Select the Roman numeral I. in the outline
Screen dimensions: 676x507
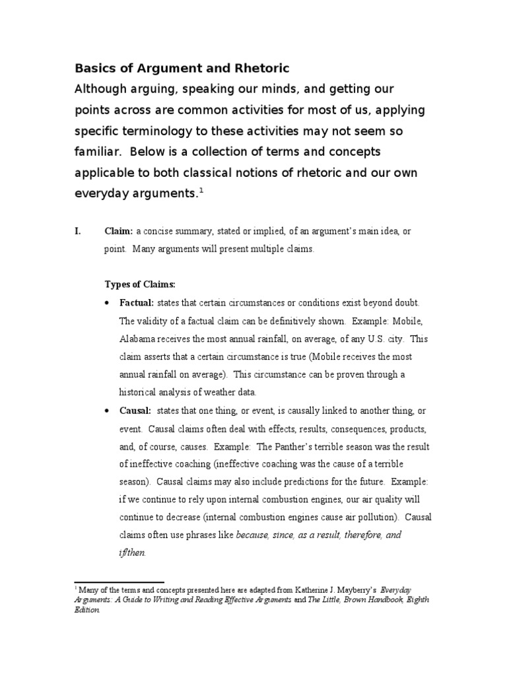point(79,231)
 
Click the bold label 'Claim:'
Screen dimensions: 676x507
point(119,231)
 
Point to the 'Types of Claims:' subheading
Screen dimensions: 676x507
point(140,284)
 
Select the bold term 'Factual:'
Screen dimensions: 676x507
point(137,302)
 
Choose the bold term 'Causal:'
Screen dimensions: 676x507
point(135,411)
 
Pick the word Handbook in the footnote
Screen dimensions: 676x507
point(386,601)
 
